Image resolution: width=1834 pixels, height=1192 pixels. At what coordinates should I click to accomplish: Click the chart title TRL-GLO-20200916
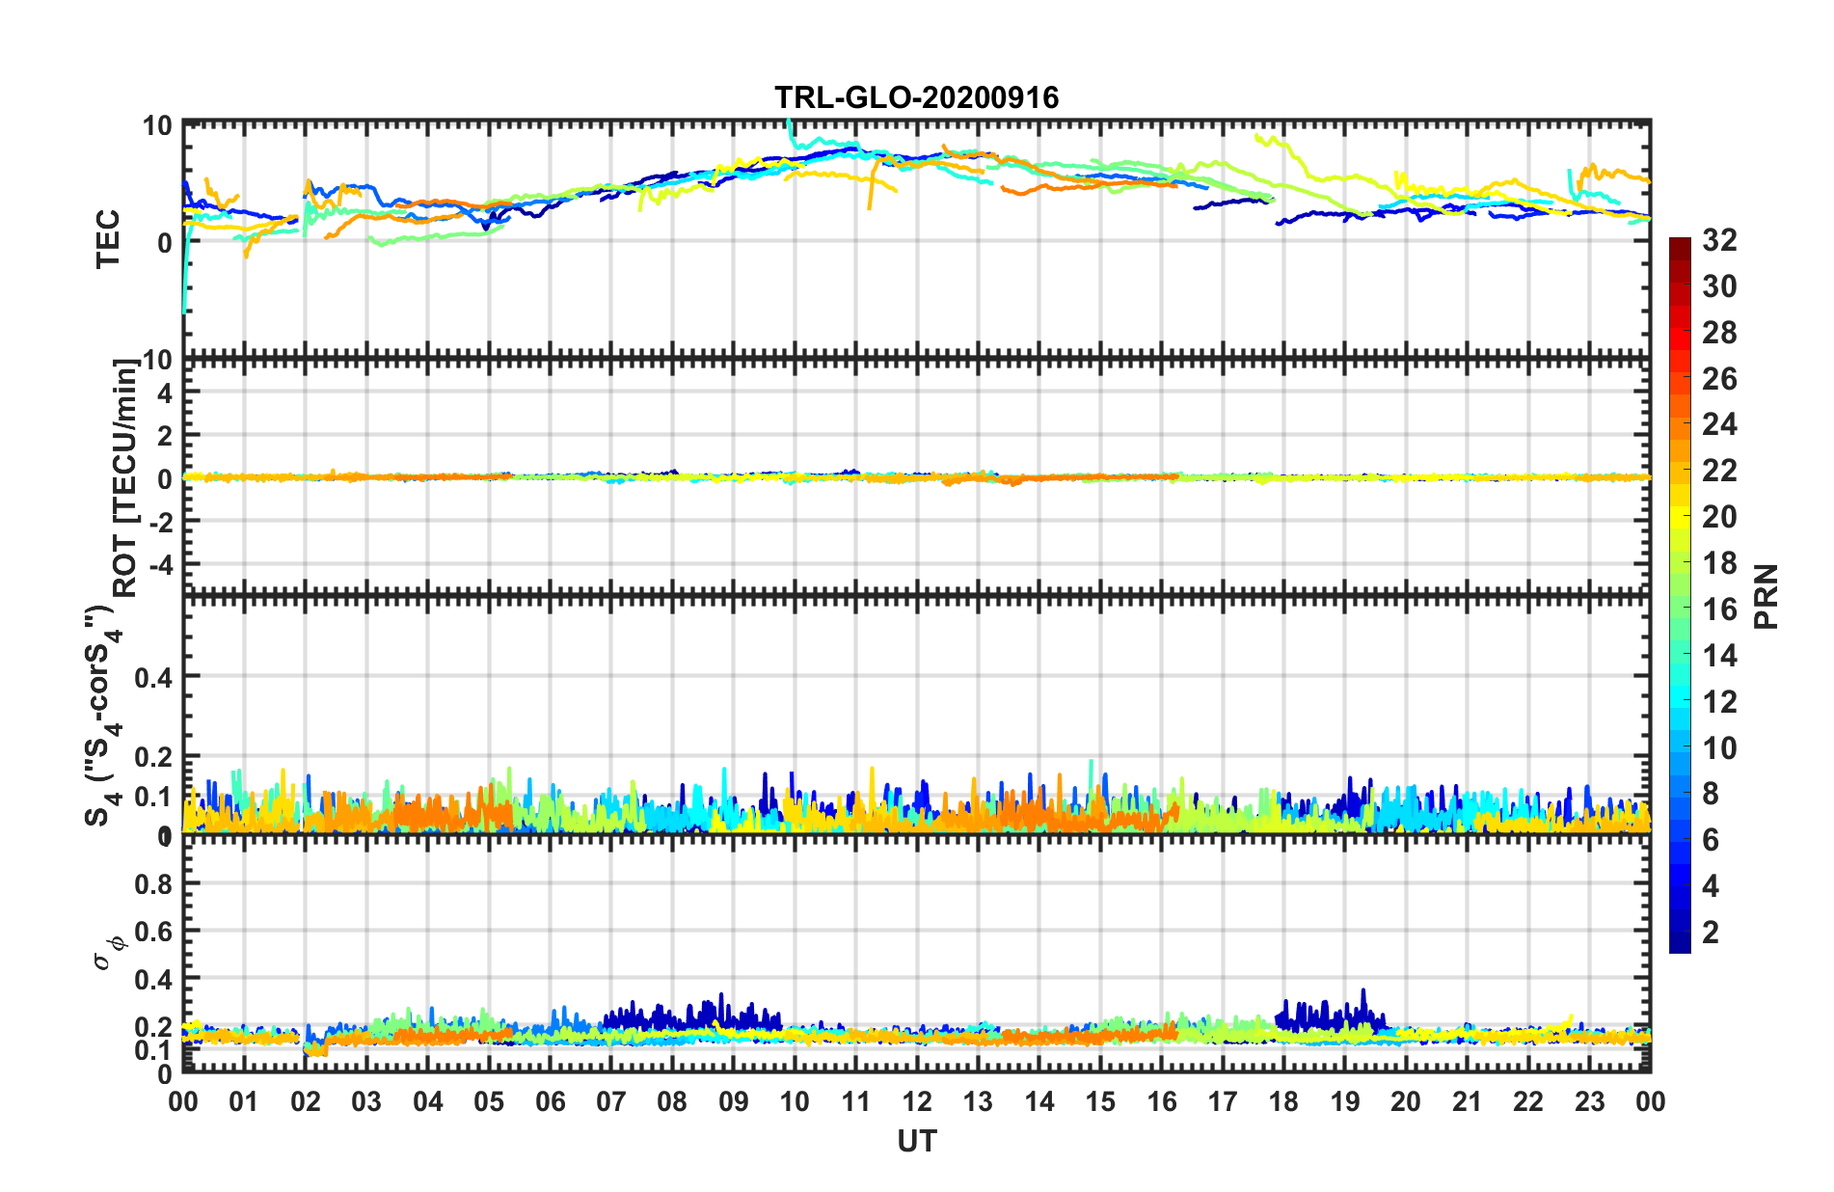pos(916,97)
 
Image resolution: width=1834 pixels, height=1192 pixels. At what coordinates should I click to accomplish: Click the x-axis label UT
pos(916,1142)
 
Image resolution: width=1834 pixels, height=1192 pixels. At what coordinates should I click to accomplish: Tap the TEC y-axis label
pos(108,238)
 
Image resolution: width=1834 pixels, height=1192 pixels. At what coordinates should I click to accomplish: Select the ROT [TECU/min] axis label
pos(125,478)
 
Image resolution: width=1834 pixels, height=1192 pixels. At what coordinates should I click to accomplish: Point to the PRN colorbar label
pos(1766,596)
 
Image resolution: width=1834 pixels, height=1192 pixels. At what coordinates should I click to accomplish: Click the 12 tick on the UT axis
pos(916,1101)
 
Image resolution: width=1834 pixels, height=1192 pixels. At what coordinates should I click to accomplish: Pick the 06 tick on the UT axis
pos(550,1101)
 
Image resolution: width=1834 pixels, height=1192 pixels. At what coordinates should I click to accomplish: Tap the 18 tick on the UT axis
pos(1283,1101)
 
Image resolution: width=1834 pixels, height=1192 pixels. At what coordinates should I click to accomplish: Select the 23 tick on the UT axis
pos(1589,1101)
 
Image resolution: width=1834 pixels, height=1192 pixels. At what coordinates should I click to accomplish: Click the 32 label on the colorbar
pos(1719,240)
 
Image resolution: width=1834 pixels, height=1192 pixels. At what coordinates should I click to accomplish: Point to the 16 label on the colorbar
pos(1719,610)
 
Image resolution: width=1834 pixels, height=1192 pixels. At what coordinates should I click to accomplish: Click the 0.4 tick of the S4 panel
pos(152,677)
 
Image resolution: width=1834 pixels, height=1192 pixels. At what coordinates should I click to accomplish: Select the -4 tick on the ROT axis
pos(158,563)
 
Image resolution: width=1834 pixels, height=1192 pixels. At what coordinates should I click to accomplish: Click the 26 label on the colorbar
pos(1719,379)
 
